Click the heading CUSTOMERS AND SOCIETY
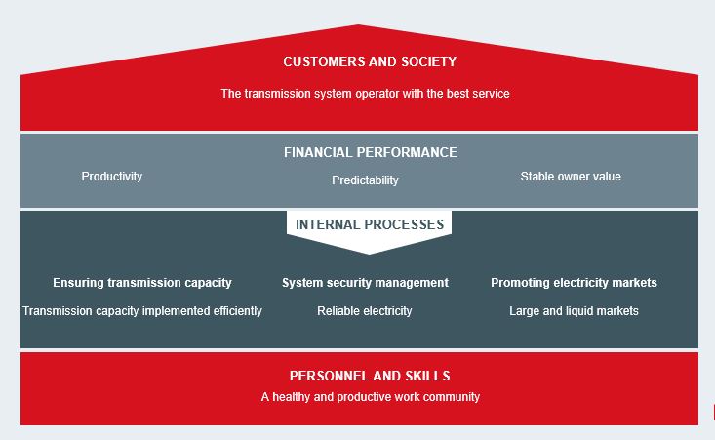point(370,61)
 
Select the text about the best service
point(365,94)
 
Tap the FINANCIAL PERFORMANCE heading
point(371,152)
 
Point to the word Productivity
point(112,177)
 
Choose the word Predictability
point(365,180)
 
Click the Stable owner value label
point(571,177)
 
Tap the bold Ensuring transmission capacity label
point(142,283)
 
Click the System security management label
point(365,283)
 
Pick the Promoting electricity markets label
point(574,283)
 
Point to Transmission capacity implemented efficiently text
point(142,311)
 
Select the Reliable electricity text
point(365,311)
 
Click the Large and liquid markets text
point(574,311)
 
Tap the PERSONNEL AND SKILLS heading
point(370,376)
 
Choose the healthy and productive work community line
point(371,397)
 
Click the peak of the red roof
point(359,24)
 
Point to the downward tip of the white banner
point(369,254)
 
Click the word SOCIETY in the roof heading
point(428,61)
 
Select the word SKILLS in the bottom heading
point(427,376)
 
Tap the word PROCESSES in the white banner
point(404,224)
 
